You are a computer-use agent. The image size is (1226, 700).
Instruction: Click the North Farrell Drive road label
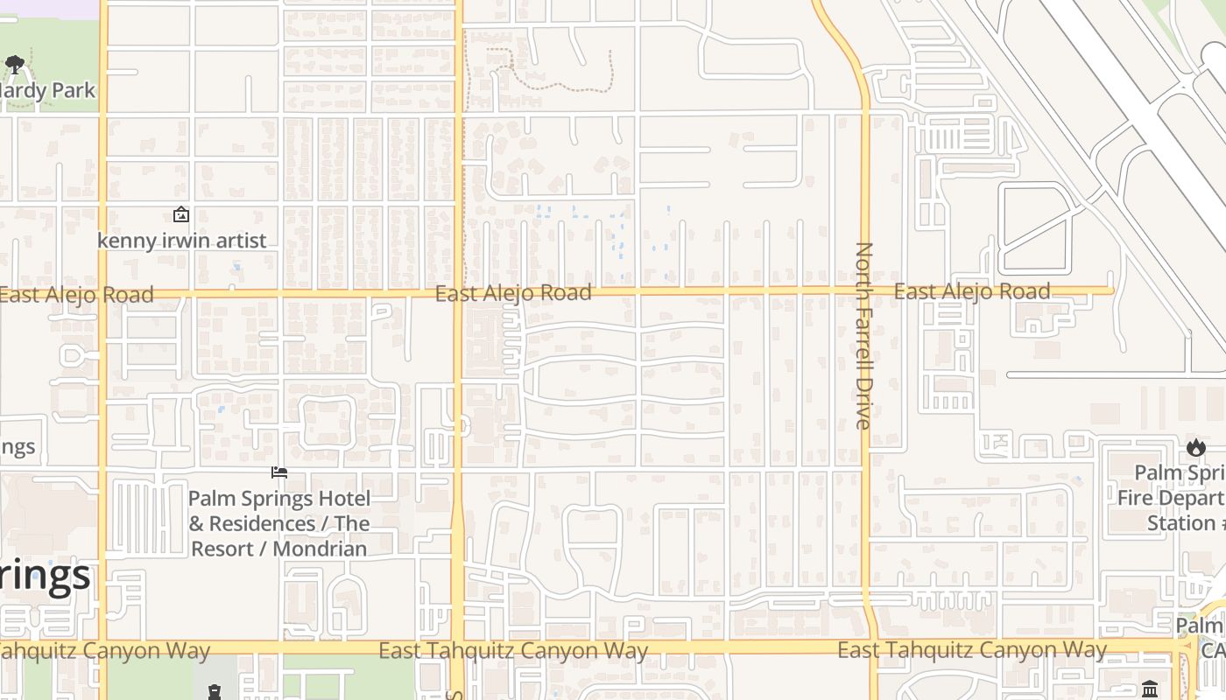coord(863,336)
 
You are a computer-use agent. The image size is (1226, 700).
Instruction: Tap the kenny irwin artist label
coord(182,241)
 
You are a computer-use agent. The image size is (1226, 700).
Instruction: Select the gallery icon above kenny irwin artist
coord(181,214)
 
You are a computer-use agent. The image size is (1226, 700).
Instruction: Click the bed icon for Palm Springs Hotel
coord(279,473)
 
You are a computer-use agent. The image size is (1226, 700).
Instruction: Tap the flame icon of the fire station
coord(1196,448)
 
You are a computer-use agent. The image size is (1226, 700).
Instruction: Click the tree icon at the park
coord(15,64)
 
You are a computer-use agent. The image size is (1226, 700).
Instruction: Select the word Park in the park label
coord(73,90)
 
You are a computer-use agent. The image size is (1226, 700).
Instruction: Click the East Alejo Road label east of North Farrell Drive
coord(972,291)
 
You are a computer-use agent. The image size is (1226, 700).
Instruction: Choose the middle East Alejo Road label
coord(513,293)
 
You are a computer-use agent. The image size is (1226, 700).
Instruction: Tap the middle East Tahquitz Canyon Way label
coord(513,651)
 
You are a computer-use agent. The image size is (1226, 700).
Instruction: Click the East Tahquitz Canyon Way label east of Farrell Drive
coord(972,650)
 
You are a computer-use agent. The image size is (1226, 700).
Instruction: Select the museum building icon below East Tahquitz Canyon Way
coord(1151,689)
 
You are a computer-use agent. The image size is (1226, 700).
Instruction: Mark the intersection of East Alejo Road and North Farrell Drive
coord(865,290)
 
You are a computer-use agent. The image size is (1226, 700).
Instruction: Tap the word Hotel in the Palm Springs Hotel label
coord(342,500)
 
